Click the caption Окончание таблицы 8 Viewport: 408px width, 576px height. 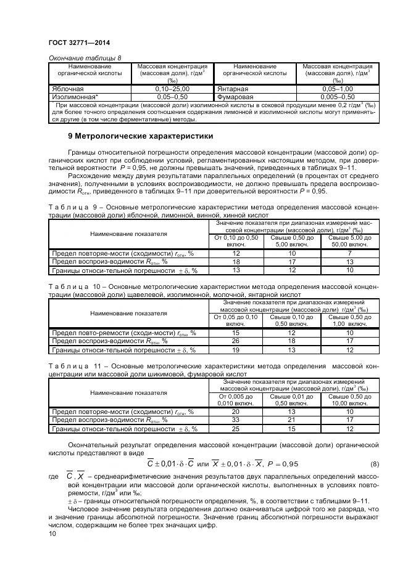[x=85, y=58]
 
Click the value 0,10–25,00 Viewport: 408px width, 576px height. [x=172, y=89]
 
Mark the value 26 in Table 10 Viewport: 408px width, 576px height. [x=235, y=341]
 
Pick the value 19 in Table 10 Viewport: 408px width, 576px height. [x=235, y=350]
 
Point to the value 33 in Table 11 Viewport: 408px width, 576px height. [x=235, y=420]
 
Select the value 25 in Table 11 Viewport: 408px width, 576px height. [x=235, y=429]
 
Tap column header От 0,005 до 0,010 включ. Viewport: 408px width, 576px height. [x=235, y=399]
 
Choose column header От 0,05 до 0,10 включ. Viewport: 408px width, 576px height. [x=235, y=320]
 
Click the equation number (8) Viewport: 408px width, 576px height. [x=374, y=464]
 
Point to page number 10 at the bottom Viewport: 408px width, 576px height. [x=52, y=534]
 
